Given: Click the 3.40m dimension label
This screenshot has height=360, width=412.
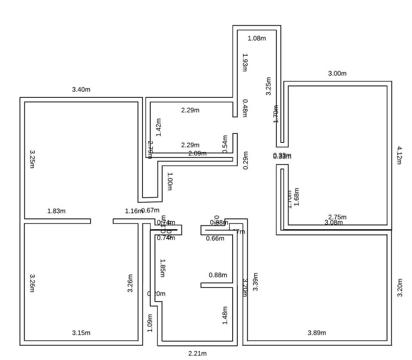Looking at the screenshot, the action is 81,90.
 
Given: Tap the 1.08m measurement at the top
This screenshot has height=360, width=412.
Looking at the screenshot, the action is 257,38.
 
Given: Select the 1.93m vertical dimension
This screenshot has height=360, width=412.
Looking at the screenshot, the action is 245,63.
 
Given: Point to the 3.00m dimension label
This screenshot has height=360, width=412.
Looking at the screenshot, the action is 337,73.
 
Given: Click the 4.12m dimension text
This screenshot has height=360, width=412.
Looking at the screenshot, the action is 399,155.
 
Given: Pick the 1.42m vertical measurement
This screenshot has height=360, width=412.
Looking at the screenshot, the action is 159,127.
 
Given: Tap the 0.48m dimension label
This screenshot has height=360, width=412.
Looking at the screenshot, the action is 245,108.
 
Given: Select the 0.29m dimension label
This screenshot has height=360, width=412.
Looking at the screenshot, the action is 245,160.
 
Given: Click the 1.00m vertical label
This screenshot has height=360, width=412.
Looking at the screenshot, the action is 170,182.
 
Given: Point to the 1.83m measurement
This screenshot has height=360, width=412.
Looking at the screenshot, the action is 56,211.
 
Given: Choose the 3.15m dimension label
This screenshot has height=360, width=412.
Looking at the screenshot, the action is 81,333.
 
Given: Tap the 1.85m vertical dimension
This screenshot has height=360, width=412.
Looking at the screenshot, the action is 162,268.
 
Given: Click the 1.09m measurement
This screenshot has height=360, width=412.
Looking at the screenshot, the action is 150,323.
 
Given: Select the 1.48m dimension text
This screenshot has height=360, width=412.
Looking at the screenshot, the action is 225,315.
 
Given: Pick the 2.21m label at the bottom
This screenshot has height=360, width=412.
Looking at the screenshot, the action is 197,354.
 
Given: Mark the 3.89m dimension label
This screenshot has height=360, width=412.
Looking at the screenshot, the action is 317,333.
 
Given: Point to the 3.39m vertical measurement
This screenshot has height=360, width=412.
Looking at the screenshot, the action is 255,282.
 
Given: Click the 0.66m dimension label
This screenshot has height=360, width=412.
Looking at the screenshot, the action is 215,239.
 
